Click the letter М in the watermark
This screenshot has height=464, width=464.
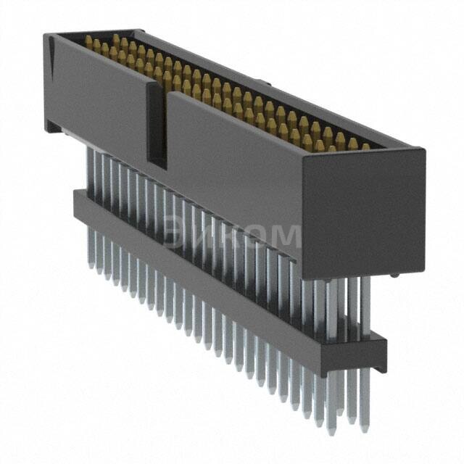pos(285,236)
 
